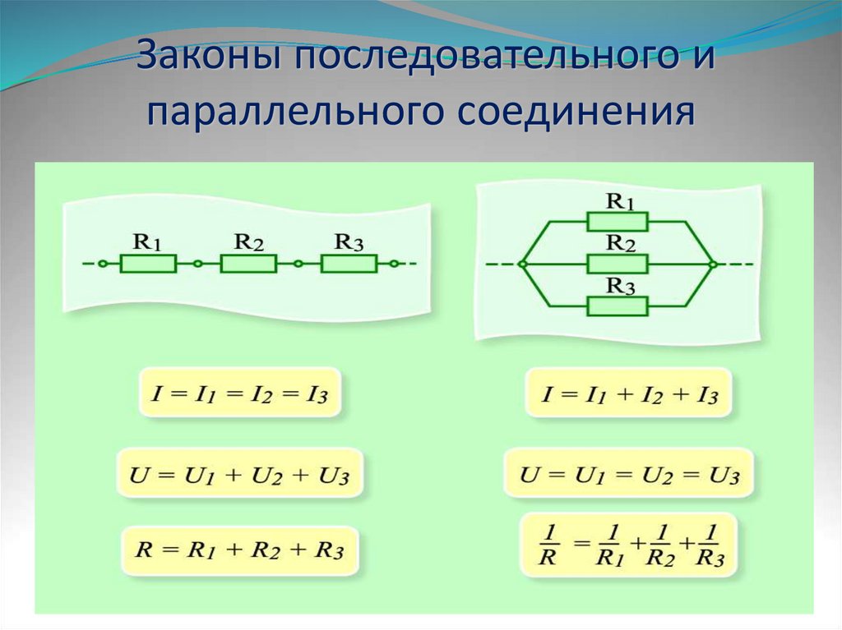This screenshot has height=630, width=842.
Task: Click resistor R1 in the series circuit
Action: [x=148, y=264]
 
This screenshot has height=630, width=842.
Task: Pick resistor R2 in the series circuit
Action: [x=248, y=264]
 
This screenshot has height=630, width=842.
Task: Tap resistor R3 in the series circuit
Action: [x=349, y=264]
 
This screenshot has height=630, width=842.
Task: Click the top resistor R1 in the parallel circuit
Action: [x=618, y=222]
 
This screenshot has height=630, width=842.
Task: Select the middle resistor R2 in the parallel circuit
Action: [x=618, y=264]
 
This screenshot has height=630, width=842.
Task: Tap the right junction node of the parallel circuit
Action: [x=713, y=264]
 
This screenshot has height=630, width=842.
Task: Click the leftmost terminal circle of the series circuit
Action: [x=101, y=264]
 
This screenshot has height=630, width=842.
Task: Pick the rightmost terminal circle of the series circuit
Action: [x=395, y=264]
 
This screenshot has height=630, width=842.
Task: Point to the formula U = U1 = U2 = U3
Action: [x=630, y=474]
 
